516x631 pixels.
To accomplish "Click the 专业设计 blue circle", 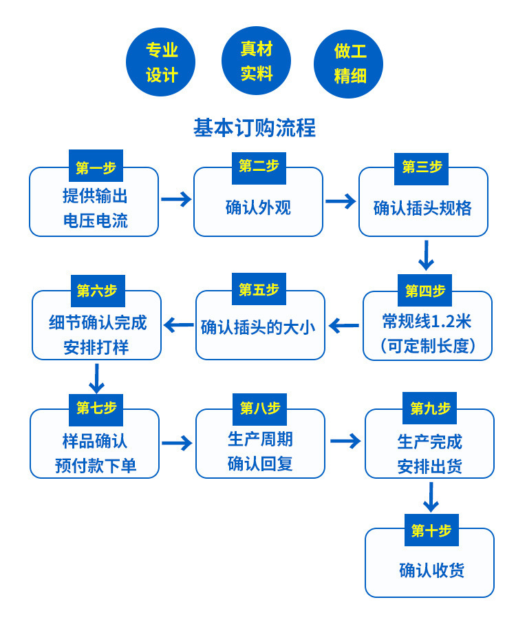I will [160, 62].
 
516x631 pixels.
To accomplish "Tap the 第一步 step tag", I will [96, 167].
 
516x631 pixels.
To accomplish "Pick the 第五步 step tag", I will [259, 290].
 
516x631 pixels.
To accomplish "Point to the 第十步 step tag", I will [431, 530].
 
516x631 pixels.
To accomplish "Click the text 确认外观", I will [258, 207].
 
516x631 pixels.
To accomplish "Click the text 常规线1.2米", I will [427, 322].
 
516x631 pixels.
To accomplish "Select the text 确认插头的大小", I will [258, 327].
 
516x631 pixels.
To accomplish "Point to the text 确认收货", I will [431, 570].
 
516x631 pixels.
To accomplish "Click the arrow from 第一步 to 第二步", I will [176, 199].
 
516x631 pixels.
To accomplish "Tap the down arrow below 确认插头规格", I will [426, 256].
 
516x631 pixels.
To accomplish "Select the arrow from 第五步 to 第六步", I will [178, 324].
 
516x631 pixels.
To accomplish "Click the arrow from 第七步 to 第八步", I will [177, 443].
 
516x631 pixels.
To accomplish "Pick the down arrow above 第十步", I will [431, 497].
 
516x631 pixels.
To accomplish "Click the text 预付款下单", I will [96, 466].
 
